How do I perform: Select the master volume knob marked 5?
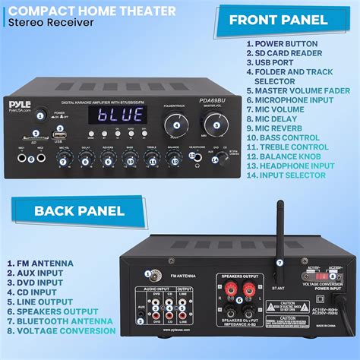(216, 125)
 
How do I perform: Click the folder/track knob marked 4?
(178, 125)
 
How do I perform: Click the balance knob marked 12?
(175, 159)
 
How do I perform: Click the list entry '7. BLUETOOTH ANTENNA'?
(61, 321)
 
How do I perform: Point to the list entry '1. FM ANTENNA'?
(41, 264)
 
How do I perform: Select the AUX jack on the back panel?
(141, 309)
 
